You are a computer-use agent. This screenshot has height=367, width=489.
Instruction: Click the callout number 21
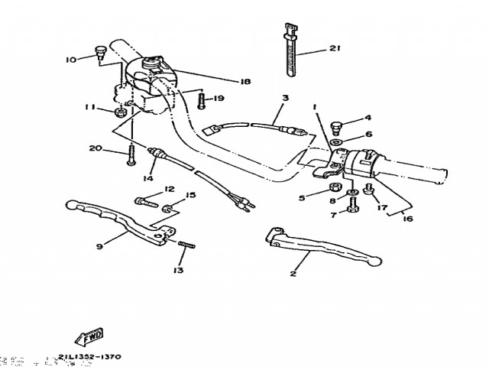click(x=334, y=49)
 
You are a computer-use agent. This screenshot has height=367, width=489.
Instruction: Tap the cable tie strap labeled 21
click(x=291, y=54)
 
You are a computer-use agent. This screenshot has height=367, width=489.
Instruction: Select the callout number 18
click(x=245, y=82)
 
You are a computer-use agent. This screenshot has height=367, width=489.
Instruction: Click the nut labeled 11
click(x=120, y=112)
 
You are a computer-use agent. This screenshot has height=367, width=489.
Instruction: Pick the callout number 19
click(x=219, y=98)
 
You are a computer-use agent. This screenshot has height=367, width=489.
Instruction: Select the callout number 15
click(x=191, y=196)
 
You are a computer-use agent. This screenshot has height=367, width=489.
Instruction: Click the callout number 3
click(x=285, y=98)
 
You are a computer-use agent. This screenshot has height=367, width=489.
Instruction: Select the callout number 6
click(x=368, y=134)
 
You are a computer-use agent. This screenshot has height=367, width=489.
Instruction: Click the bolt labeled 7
click(x=353, y=204)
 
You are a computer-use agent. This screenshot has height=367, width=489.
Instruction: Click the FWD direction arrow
click(x=90, y=336)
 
